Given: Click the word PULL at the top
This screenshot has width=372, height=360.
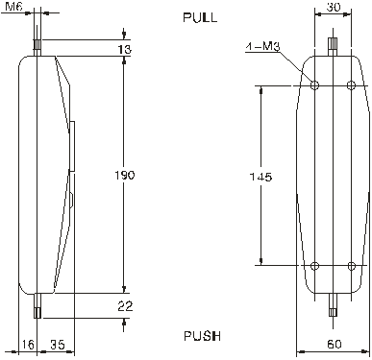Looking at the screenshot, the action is coord(200,17).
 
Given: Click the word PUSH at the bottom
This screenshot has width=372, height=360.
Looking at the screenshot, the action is coord(202,336).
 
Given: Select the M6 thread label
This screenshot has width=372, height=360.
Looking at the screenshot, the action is coord(13,6).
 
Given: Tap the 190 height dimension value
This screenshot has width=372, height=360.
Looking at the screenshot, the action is coord(125,175).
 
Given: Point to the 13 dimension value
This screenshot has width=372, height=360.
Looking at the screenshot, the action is coord(125,49).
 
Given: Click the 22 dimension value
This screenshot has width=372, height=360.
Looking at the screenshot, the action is coord(125,306).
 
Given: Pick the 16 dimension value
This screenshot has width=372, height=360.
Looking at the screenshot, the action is coord(28,345).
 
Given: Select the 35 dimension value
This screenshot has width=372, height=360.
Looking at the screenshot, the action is coord(58,345).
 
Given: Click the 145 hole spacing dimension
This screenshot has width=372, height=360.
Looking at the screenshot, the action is coord(260,177).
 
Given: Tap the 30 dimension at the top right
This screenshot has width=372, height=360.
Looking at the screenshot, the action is coord(334,7).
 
